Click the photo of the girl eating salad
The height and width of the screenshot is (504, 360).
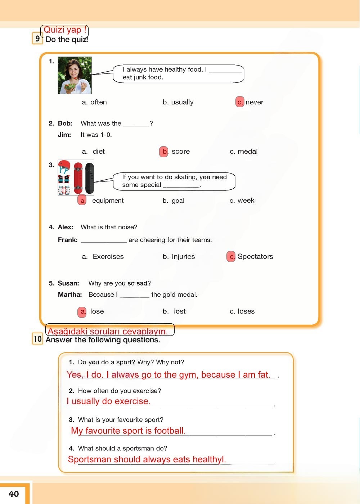point(75,75)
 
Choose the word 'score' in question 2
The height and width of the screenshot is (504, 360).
point(180,152)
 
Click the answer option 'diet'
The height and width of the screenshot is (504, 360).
point(98,152)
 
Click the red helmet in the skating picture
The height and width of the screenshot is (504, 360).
point(64,166)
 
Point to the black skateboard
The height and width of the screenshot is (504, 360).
point(90,178)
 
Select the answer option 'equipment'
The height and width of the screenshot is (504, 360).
point(108,201)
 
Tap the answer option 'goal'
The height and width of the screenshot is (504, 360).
point(178,201)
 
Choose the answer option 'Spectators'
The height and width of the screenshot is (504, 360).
point(255,257)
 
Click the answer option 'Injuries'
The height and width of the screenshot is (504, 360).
point(183,257)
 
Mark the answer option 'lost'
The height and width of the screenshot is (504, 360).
point(180,311)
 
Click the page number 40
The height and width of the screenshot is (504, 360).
point(14,494)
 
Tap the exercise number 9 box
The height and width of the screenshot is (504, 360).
point(37,39)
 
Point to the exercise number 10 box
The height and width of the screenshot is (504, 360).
point(38,339)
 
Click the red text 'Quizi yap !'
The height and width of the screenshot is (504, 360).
point(65,30)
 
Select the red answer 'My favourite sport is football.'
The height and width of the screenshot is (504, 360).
point(128,431)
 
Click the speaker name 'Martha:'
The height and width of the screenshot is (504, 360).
point(70,295)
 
